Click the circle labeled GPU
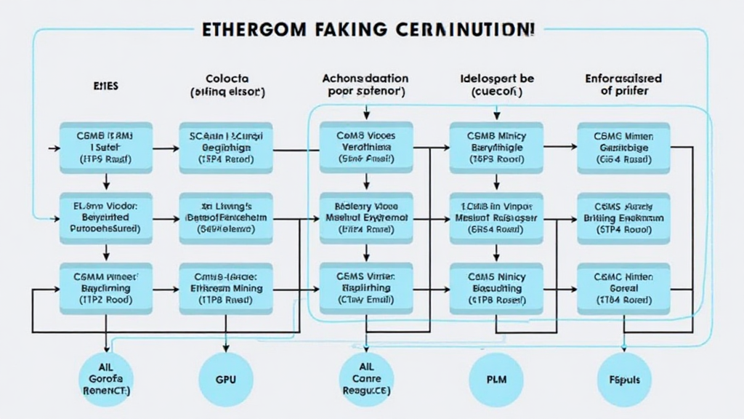click(x=226, y=379)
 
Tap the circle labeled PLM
click(x=496, y=379)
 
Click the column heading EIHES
click(x=105, y=85)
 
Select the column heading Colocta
click(x=227, y=79)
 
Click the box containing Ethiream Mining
click(x=226, y=288)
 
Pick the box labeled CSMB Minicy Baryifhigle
click(x=496, y=146)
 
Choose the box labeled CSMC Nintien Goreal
click(x=624, y=288)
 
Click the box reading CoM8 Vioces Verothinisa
click(x=365, y=146)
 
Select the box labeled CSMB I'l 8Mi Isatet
click(x=105, y=146)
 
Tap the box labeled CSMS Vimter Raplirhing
click(x=365, y=288)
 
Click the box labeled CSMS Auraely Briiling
click(x=624, y=217)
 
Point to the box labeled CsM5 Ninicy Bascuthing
click(x=496, y=288)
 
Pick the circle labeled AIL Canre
click(x=366, y=380)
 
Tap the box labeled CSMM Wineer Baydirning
click(x=105, y=288)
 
